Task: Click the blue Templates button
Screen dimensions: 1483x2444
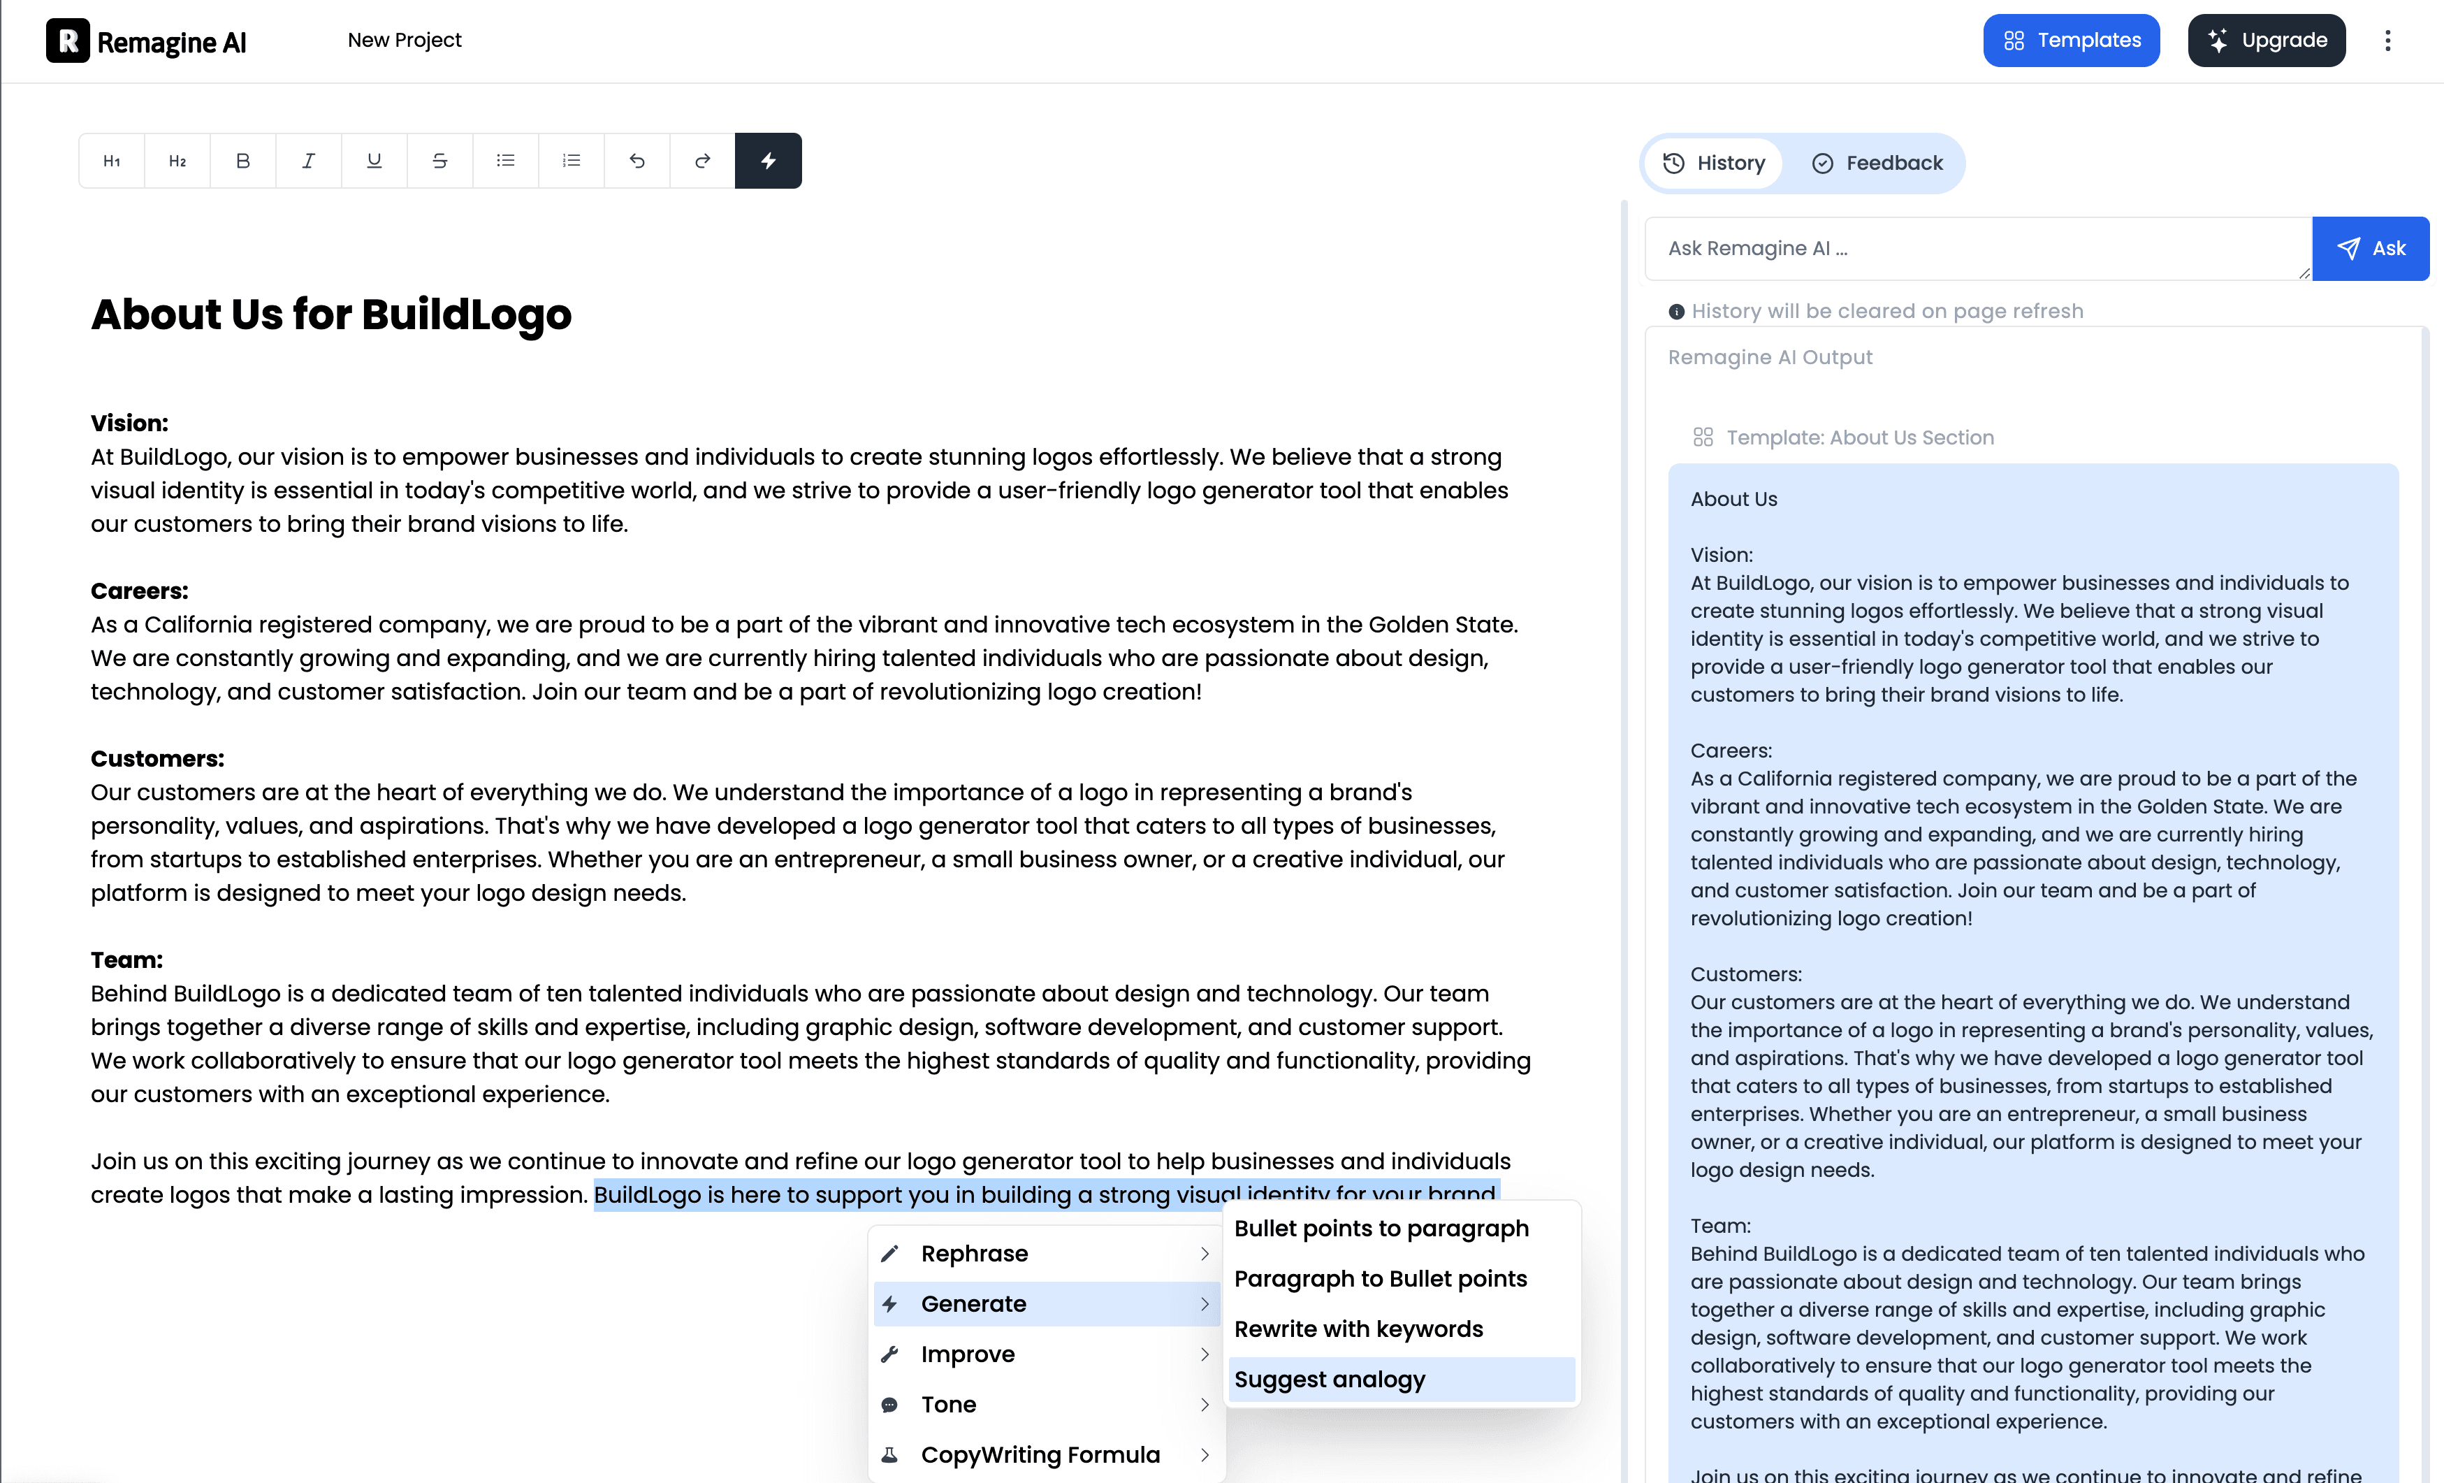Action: (x=2070, y=41)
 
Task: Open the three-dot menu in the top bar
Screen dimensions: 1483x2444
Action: (x=2387, y=41)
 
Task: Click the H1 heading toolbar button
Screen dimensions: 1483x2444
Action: (x=112, y=161)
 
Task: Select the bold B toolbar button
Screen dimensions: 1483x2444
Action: (x=243, y=161)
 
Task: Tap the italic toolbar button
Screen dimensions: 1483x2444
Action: (x=309, y=161)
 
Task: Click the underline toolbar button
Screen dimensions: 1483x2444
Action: (x=374, y=161)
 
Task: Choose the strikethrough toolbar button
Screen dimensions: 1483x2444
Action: (x=439, y=161)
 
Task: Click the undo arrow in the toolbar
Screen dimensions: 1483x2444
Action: (x=637, y=161)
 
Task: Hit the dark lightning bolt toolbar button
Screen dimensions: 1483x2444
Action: (x=768, y=161)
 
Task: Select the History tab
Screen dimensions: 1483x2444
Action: (x=1714, y=164)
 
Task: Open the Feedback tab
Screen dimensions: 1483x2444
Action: (x=1877, y=164)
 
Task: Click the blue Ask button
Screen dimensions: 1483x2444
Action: (x=2370, y=249)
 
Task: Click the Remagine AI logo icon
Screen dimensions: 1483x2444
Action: (x=68, y=41)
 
